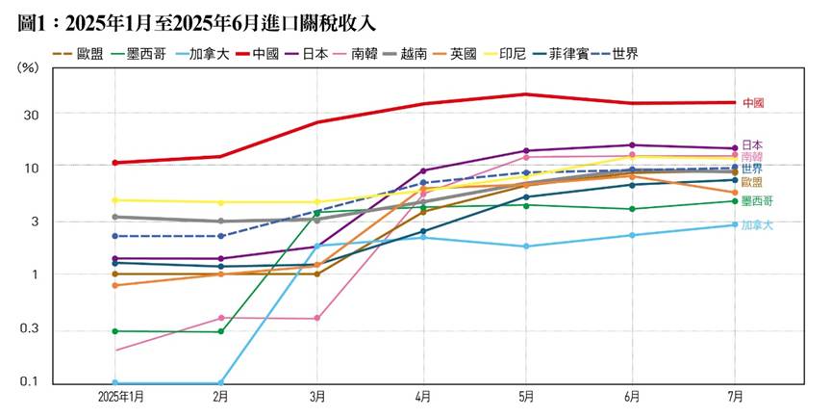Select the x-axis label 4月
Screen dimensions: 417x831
pyautogui.click(x=423, y=397)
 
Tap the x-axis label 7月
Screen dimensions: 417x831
pyautogui.click(x=734, y=397)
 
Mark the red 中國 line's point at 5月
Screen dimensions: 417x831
pyautogui.click(x=526, y=94)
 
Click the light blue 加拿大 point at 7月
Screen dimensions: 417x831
pyautogui.click(x=736, y=225)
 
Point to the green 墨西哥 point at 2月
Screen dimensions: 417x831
pyautogui.click(x=220, y=332)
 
